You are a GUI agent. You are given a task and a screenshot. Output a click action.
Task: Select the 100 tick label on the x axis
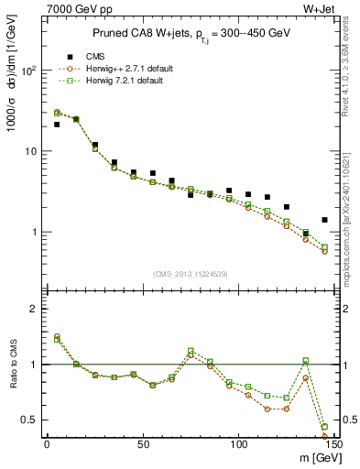pos(238,443)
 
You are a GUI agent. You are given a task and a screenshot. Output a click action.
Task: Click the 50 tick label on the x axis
pos(143,443)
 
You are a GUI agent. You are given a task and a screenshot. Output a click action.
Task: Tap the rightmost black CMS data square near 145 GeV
pos(324,220)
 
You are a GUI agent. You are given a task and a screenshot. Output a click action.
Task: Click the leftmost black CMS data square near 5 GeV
pos(57,125)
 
